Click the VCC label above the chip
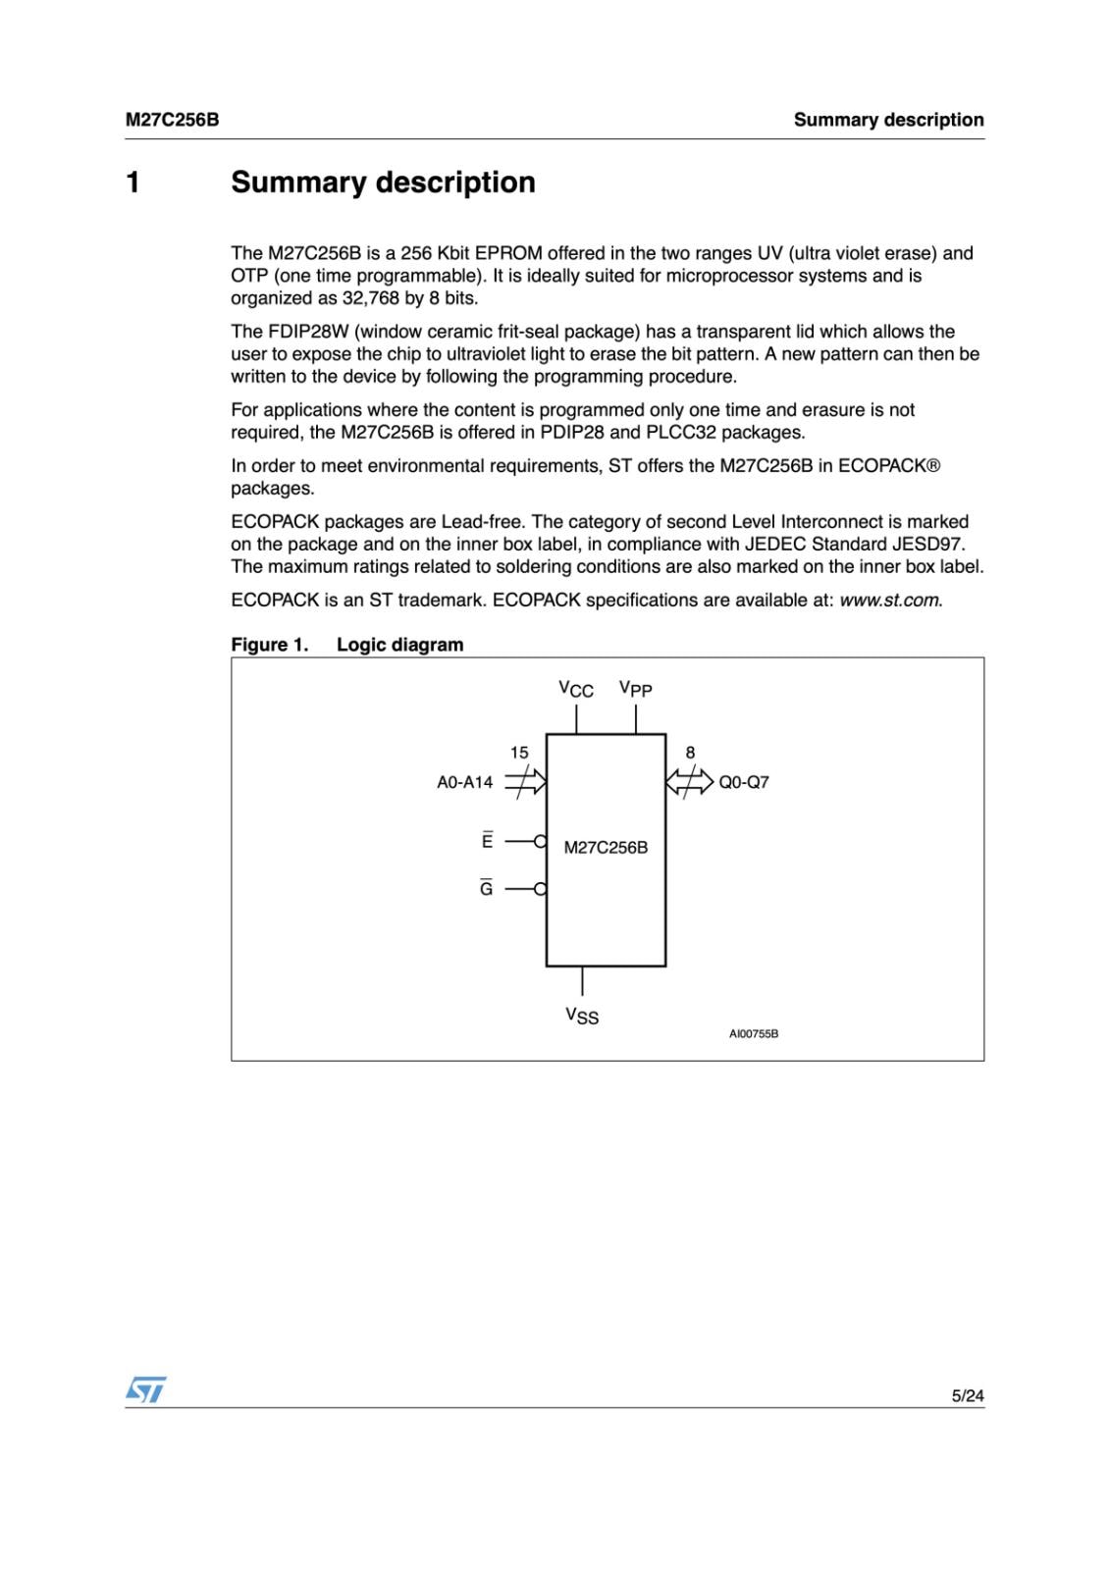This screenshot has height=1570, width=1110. pos(576,689)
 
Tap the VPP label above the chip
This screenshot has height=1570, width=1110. pos(635,689)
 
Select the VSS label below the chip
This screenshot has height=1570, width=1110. pos(582,1016)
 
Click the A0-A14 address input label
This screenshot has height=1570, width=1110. pos(464,782)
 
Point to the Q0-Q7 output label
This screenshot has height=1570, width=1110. pos(744,782)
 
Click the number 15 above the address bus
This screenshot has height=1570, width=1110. pos(519,753)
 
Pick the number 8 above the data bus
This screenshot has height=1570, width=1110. pos(690,753)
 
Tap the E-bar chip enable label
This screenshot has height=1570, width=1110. pos(487,841)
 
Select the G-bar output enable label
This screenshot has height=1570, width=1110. pos(487,889)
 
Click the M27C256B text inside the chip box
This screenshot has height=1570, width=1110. pos(606,848)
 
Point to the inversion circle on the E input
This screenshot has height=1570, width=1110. pos(540,841)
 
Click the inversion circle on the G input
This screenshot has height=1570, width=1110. pos(540,889)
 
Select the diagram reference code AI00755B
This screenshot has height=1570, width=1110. pos(753,1034)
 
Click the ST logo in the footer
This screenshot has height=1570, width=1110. pos(145,1388)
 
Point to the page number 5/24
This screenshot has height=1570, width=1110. pos(967,1395)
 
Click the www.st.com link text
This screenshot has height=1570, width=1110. pos(889,600)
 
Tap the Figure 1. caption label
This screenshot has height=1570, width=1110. pos(270,645)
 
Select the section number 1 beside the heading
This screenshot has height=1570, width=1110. pos(133,183)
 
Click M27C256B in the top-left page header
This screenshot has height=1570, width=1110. pos(172,120)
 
